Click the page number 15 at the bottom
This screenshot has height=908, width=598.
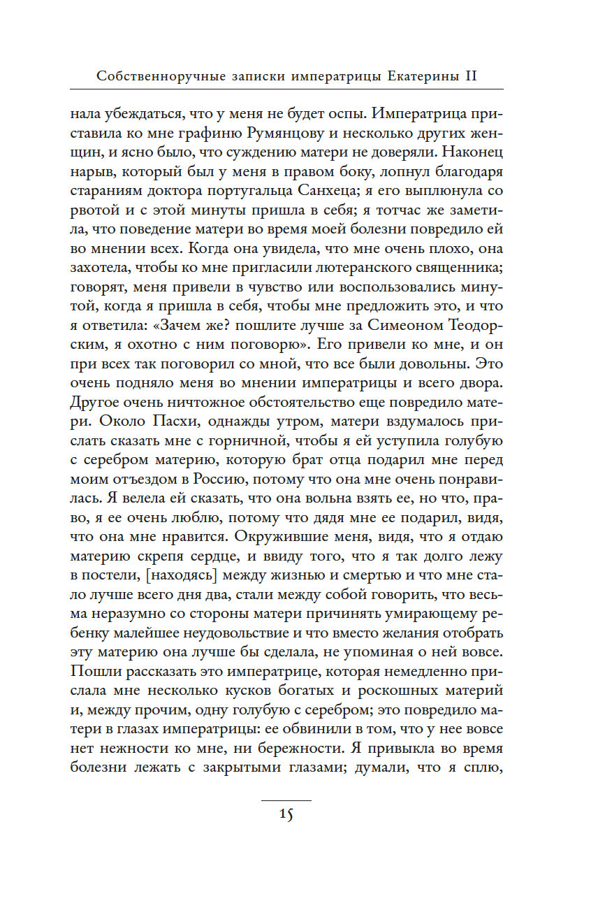[286, 814]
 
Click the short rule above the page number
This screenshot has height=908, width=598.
[286, 799]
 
